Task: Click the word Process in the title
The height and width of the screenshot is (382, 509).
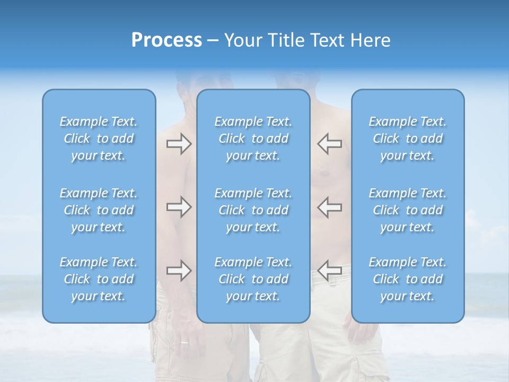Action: click(166, 40)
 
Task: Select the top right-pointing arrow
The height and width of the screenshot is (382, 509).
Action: click(179, 144)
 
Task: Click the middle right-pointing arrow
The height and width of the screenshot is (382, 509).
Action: click(179, 207)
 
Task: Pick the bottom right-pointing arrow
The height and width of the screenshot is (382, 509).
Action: click(179, 271)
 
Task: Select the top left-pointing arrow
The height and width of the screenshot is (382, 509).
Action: click(329, 144)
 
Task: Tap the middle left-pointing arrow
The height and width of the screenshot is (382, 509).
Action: click(329, 207)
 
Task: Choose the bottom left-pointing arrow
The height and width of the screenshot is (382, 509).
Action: click(329, 271)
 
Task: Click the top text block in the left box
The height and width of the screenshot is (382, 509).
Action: click(99, 138)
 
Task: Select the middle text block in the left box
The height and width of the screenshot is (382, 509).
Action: click(99, 210)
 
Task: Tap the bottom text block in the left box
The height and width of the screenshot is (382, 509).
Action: click(99, 279)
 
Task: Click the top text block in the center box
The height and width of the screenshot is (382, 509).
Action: click(253, 138)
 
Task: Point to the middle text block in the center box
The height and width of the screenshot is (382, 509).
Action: click(253, 210)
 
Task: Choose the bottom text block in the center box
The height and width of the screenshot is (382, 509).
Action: click(253, 279)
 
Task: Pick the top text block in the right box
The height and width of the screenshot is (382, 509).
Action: click(408, 138)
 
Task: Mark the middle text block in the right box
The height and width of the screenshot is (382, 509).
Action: click(408, 210)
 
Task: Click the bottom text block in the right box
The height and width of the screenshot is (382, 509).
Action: click(408, 279)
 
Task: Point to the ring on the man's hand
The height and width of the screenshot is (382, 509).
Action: click(184, 342)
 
